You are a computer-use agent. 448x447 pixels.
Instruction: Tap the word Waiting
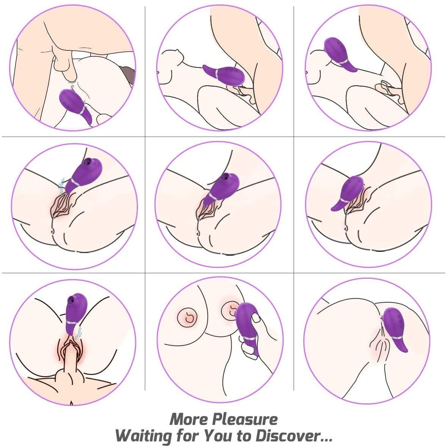[x=144, y=436]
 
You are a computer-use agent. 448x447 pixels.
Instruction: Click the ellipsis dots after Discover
[x=326, y=440]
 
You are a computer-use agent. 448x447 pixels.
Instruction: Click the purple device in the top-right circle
[x=339, y=54]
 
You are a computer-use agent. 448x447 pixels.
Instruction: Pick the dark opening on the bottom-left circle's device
[x=70, y=299]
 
